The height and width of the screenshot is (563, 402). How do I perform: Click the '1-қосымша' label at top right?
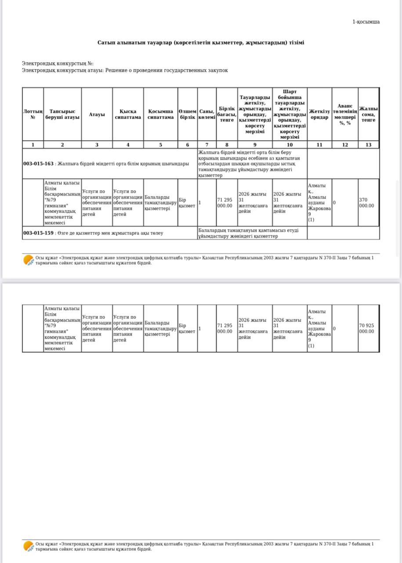coord(366,22)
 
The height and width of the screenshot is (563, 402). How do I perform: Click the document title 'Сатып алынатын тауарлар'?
coord(201,43)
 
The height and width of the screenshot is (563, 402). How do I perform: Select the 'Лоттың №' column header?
coord(33,114)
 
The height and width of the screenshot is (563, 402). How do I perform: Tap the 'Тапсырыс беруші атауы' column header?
coord(62,114)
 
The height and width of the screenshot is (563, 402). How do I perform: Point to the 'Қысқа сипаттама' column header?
coord(128,114)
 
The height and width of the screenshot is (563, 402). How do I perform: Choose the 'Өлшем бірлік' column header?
coord(188,114)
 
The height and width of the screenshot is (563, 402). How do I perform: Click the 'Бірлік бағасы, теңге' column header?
coord(227,114)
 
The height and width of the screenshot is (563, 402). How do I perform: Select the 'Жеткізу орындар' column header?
coord(319,114)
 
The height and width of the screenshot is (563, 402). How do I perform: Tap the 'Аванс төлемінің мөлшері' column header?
coord(345,114)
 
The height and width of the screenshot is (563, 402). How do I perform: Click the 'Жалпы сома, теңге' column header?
coord(369,114)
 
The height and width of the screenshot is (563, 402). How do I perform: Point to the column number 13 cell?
coord(368,145)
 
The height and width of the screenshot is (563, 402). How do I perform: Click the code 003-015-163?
coord(38,164)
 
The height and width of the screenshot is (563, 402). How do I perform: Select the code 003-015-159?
coord(38,233)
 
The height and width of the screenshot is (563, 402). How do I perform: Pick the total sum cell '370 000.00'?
coord(366,203)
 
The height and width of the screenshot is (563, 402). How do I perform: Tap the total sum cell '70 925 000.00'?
coord(366,329)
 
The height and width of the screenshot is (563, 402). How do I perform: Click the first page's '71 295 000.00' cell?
coord(225,203)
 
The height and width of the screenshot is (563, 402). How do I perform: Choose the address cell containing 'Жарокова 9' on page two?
coord(319,329)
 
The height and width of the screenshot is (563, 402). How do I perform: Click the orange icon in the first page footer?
coord(29,260)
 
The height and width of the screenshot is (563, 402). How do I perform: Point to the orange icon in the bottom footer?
coord(29,546)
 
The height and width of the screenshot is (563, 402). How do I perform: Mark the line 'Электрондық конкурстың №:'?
coord(58,64)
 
